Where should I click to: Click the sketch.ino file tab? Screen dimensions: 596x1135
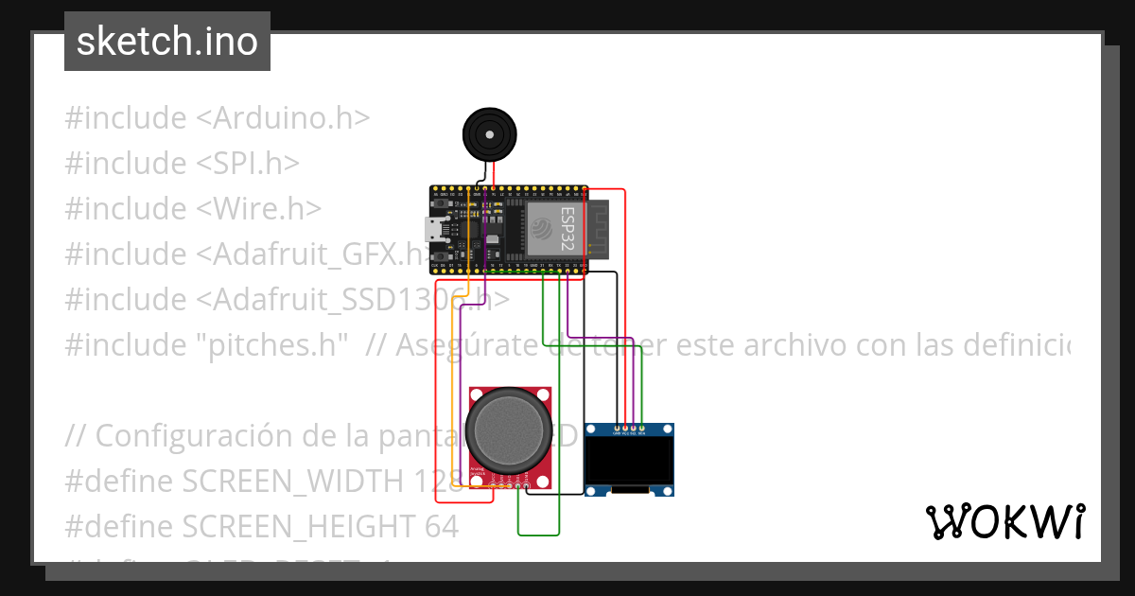point(167,42)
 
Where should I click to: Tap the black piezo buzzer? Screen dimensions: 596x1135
point(490,135)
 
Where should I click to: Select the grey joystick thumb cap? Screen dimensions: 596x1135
point(509,430)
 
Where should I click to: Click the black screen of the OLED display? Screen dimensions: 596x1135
point(629,461)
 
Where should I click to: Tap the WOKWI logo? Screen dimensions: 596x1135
point(1004,521)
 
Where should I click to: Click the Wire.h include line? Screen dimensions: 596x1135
point(193,209)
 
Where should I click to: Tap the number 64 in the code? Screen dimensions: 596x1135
point(437,526)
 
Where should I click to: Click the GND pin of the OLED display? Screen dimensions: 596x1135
point(618,431)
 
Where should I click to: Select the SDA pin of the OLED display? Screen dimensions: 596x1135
point(642,431)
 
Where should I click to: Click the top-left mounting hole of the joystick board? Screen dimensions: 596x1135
point(477,394)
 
